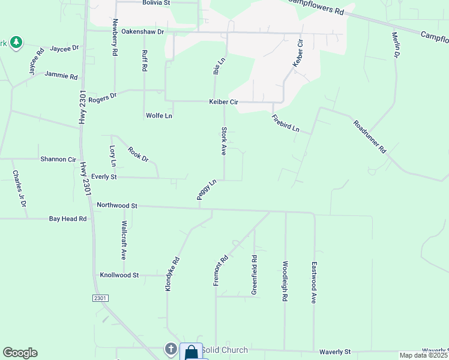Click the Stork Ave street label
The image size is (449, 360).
click(x=223, y=142)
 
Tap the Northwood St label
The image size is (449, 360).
click(x=117, y=206)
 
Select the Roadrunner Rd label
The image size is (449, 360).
click(x=370, y=137)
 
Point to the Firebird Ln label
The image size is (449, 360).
click(x=285, y=124)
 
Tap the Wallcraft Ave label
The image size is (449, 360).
click(x=124, y=239)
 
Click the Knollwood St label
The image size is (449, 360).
click(x=119, y=275)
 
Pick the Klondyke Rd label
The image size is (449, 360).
click(x=172, y=275)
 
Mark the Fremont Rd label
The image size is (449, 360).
click(x=221, y=271)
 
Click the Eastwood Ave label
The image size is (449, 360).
click(x=313, y=281)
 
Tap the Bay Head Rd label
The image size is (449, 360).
click(x=68, y=220)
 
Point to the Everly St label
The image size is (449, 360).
click(x=104, y=178)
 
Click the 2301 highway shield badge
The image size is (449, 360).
click(x=100, y=298)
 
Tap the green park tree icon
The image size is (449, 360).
click(x=16, y=42)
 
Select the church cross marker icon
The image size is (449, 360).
click(x=170, y=349)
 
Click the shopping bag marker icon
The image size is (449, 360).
click(x=191, y=352)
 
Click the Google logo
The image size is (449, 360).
click(x=20, y=353)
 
